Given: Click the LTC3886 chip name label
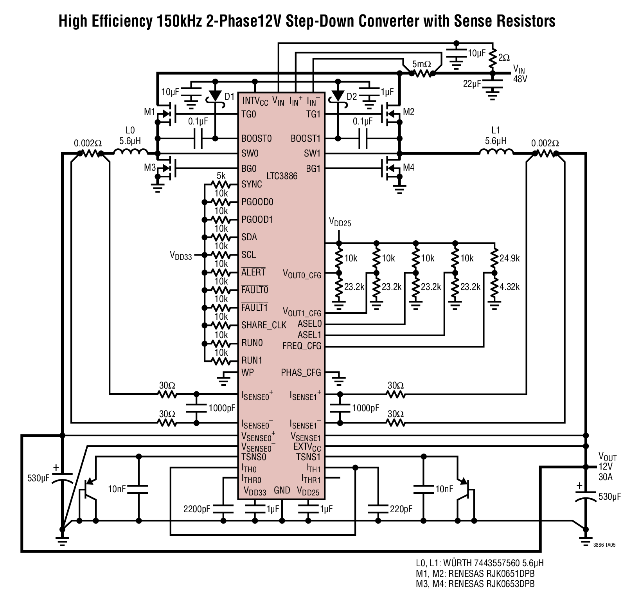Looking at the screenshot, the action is pyautogui.click(x=282, y=176).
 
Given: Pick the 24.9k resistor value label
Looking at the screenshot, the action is pyautogui.click(x=509, y=258).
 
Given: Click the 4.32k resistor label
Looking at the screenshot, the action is pyautogui.click(x=509, y=287).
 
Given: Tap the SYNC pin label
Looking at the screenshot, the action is pyautogui.click(x=252, y=184).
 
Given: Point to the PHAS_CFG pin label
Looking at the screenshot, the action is pyautogui.click(x=301, y=373).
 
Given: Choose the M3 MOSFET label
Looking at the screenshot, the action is pyautogui.click(x=150, y=168).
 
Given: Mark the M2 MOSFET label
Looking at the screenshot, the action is pyautogui.click(x=409, y=112).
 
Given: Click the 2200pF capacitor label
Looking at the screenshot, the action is pyautogui.click(x=197, y=510).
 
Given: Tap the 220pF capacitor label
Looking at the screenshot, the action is pyautogui.click(x=401, y=510).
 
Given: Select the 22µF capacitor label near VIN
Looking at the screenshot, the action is pyautogui.click(x=472, y=83).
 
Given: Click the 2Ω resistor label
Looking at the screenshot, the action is pyautogui.click(x=504, y=58).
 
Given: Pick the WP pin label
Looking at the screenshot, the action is pyautogui.click(x=248, y=372).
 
